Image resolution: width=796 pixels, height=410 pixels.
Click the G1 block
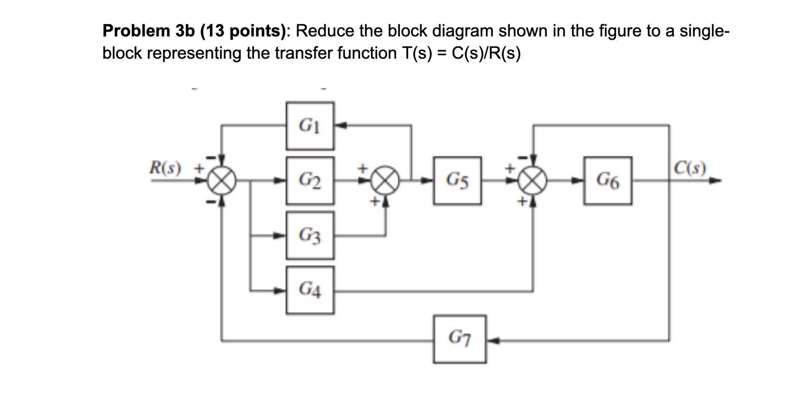pyautogui.click(x=310, y=126)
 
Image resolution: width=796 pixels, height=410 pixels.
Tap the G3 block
pyautogui.click(x=310, y=235)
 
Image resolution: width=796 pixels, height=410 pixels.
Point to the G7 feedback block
pyautogui.click(x=459, y=339)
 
